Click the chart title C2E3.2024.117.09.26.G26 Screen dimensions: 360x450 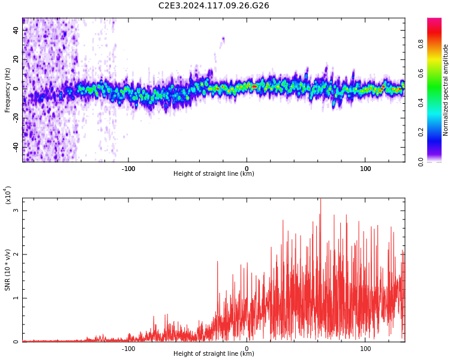point(214,6)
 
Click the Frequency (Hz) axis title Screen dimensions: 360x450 point(8,90)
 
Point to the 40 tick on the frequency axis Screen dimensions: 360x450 point(16,29)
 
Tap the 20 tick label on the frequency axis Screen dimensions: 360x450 point(16,59)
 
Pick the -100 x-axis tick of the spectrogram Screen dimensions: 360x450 point(128,168)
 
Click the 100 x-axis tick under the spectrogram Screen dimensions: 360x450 point(365,168)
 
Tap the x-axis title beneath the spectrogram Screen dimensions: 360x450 point(214,174)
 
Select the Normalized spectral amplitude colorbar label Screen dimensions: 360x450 point(446,90)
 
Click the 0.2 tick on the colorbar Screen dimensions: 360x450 point(421,132)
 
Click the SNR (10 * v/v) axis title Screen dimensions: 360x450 point(8,270)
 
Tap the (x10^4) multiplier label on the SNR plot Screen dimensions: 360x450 point(8,196)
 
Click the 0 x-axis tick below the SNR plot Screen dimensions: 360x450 point(246,348)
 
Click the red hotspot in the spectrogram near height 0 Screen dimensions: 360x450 point(254,86)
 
